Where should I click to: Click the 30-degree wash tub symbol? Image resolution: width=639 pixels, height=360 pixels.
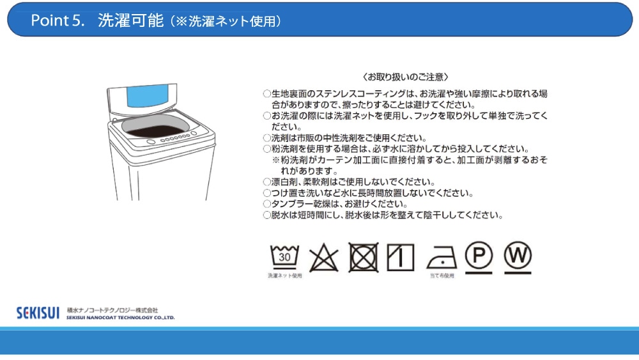[x=284, y=257]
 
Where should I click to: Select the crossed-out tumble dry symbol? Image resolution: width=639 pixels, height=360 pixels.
[x=364, y=257]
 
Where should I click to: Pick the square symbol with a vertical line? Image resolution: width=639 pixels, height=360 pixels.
[x=401, y=257]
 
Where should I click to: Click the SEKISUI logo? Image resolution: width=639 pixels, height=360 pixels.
[x=38, y=313]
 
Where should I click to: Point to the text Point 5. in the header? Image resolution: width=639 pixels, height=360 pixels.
[x=58, y=20]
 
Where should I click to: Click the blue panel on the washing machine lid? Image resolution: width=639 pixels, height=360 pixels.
[x=147, y=96]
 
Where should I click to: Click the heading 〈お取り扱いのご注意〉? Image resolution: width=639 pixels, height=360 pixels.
[x=406, y=77]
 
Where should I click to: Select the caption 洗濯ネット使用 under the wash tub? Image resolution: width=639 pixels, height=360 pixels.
[x=285, y=276]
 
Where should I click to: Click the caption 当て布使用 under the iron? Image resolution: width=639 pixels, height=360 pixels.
[x=442, y=276]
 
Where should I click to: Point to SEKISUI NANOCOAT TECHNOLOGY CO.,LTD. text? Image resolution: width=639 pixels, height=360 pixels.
[x=121, y=318]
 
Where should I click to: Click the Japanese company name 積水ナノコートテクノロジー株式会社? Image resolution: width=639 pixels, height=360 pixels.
[x=112, y=310]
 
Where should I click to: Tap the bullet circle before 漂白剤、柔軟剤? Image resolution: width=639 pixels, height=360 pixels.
[x=267, y=182]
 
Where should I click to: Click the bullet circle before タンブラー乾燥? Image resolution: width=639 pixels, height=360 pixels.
[x=267, y=204]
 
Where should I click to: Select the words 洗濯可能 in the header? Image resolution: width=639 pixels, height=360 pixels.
[x=130, y=20]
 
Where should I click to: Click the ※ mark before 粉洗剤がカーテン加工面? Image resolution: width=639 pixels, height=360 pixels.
[x=276, y=160]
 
